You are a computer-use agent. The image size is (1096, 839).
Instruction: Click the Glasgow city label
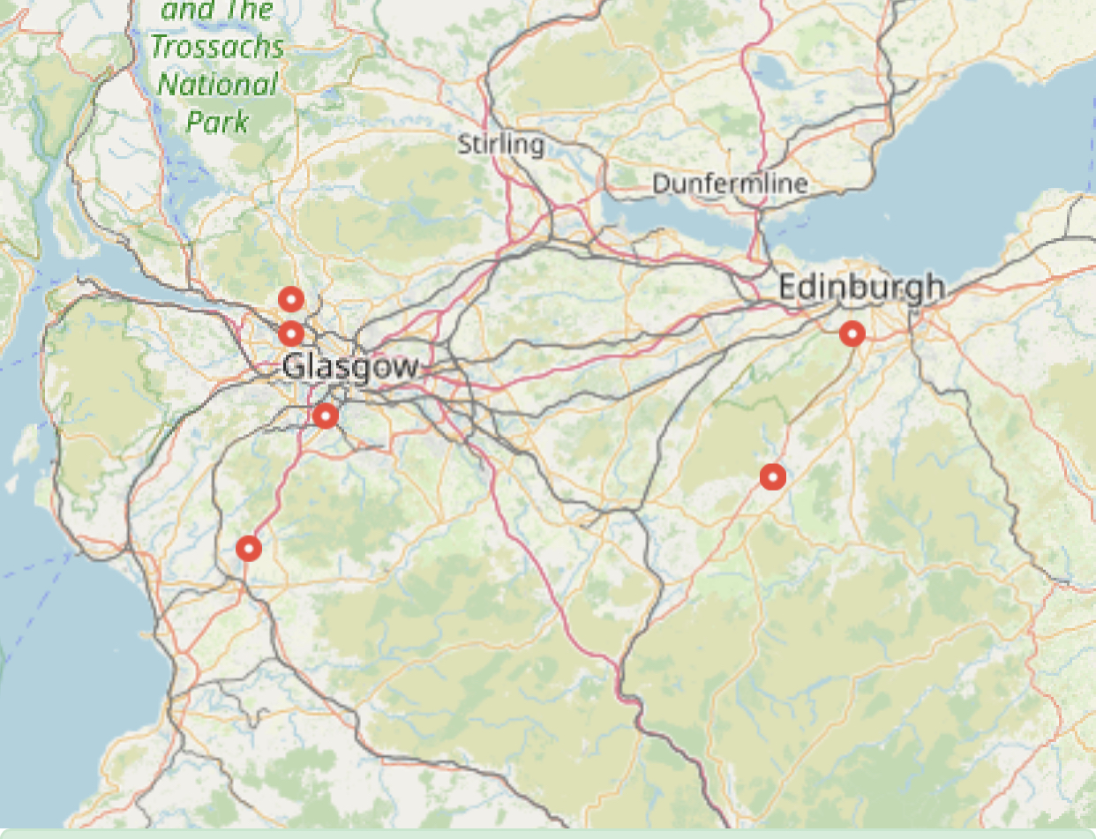tap(350, 365)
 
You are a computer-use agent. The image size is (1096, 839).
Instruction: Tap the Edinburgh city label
tap(861, 288)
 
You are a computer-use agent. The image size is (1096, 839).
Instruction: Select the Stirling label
tap(500, 143)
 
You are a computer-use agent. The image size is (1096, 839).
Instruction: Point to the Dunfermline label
tap(730, 184)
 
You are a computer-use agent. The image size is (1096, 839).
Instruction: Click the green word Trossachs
tap(217, 46)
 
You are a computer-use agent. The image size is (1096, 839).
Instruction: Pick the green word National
tap(217, 85)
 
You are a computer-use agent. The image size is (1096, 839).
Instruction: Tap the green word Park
tap(217, 122)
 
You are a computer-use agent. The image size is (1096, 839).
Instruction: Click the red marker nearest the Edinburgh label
tap(852, 333)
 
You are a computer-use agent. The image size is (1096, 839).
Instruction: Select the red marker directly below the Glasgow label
tap(326, 416)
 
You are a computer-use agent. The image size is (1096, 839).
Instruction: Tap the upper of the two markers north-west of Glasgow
tap(291, 299)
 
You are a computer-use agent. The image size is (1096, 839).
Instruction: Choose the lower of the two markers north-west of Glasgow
tap(291, 334)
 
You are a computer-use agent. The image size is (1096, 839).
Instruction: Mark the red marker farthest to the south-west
tap(249, 549)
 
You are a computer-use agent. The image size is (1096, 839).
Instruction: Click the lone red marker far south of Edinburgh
tap(773, 477)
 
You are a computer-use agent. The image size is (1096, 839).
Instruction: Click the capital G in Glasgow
tap(293, 365)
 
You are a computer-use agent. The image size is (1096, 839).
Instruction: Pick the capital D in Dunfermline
tap(660, 184)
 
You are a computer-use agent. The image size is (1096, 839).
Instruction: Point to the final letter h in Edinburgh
tap(935, 287)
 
